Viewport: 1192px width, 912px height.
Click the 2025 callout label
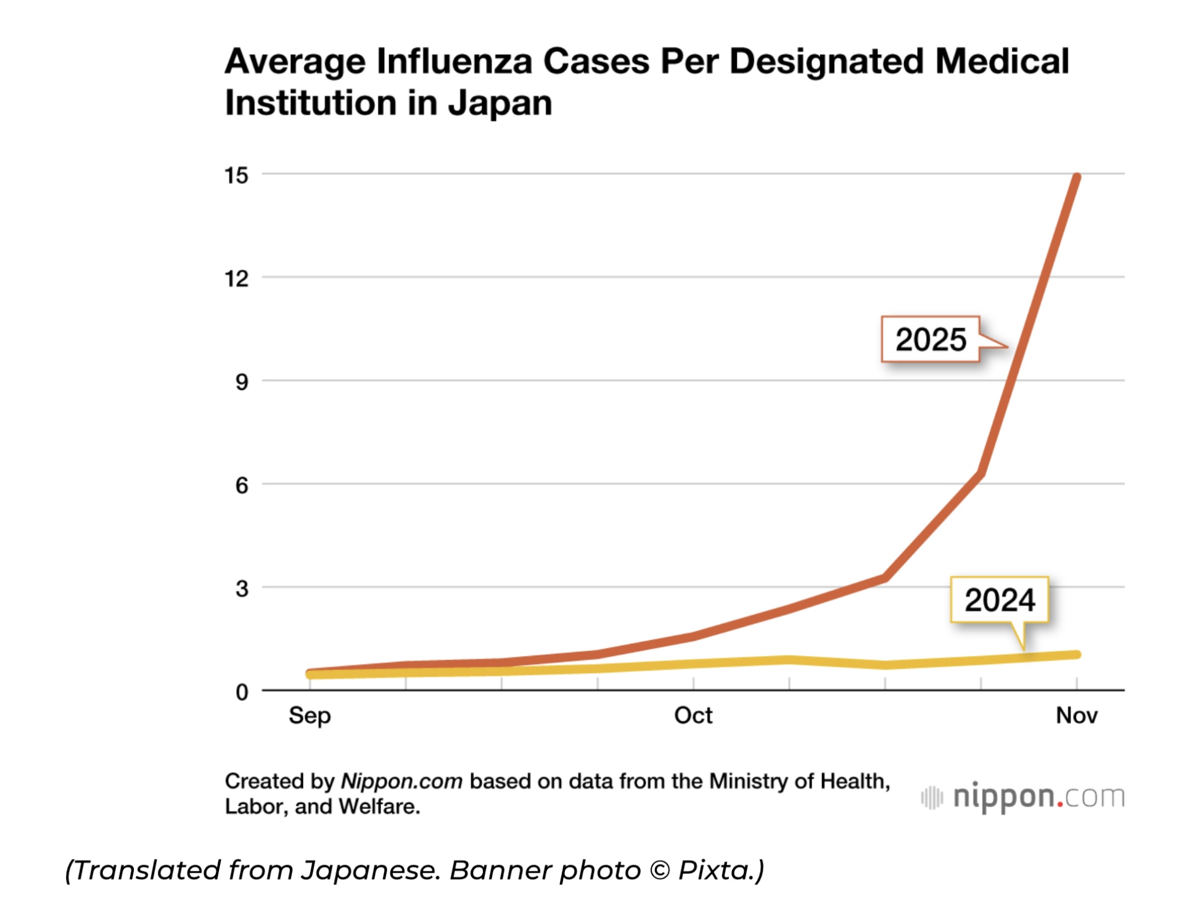[930, 339]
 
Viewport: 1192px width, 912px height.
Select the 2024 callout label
[1000, 600]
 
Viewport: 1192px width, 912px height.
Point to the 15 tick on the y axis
[236, 176]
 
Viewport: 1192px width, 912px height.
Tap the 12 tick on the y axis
[236, 279]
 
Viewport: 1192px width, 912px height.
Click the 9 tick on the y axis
[241, 382]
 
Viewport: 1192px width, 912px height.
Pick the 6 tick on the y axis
[241, 486]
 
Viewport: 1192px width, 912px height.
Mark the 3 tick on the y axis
[241, 589]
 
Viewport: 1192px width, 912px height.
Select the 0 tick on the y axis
[241, 692]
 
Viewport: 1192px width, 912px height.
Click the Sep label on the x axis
[310, 715]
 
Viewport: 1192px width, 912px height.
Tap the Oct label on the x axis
[693, 715]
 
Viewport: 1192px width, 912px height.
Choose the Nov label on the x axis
[1077, 715]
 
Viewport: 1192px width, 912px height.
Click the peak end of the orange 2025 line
[1077, 178]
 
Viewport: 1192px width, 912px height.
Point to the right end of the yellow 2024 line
[1077, 654]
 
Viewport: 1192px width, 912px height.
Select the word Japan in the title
[499, 103]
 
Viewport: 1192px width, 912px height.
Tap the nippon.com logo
[1022, 797]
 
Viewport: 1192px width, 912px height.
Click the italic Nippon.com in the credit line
[401, 781]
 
